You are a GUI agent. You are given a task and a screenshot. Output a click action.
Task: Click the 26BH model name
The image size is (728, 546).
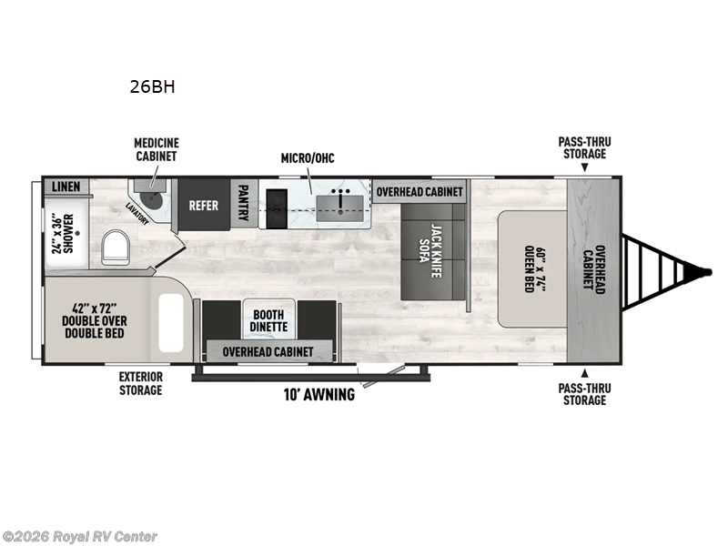click(153, 88)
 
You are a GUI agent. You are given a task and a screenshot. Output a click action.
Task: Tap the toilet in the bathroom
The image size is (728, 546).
click(116, 246)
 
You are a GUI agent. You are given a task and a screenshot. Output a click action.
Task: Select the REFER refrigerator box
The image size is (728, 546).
click(203, 205)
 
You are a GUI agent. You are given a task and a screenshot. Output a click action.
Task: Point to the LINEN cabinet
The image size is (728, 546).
click(66, 187)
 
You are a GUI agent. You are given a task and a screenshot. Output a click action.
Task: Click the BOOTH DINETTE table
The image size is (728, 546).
click(268, 318)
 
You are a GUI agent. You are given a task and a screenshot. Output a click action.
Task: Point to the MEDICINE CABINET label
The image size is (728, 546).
click(157, 150)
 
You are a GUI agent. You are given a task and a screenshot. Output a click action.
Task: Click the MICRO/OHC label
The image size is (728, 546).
click(308, 158)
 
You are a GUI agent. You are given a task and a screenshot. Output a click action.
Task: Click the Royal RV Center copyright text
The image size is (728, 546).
click(80, 537)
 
